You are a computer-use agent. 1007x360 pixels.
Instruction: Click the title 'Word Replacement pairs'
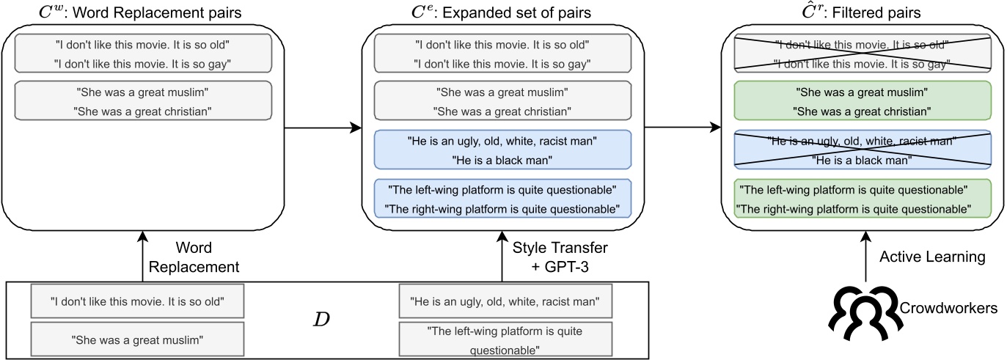[142, 13]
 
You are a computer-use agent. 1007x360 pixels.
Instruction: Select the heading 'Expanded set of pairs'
[502, 13]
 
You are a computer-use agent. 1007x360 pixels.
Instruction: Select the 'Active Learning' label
[921, 257]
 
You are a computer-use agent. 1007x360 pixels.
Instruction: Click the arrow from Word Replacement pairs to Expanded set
[323, 128]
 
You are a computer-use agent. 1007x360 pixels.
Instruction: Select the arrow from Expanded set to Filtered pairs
[682, 128]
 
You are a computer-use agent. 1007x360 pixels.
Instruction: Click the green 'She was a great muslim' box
[863, 102]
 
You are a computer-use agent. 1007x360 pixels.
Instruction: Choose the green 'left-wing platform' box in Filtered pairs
[863, 199]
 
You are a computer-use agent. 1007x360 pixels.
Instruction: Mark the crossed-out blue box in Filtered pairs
[863, 150]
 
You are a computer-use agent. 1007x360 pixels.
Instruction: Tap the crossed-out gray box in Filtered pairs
[863, 54]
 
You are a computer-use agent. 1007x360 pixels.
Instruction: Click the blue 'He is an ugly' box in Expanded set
[502, 150]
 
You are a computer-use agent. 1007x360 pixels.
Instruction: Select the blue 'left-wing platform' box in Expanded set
[502, 199]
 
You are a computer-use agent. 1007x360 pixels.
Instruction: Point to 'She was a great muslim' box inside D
[137, 339]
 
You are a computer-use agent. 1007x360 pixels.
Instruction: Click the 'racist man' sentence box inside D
[505, 301]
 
